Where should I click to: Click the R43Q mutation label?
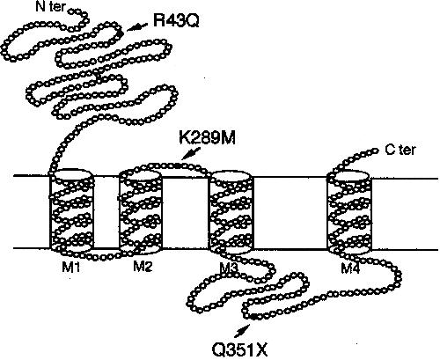[x=176, y=21]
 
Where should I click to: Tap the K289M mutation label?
[x=207, y=138]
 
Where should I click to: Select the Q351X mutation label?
[x=240, y=349]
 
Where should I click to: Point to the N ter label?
[x=50, y=7]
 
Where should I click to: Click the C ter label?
[x=400, y=150]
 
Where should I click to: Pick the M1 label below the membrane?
[x=70, y=268]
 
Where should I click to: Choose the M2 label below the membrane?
[x=143, y=267]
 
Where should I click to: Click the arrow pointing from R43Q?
[x=137, y=26]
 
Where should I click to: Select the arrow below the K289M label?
[x=191, y=153]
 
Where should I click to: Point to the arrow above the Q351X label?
[x=242, y=331]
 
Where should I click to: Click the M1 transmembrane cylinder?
[x=71, y=210]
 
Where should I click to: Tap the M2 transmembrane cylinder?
[x=141, y=210]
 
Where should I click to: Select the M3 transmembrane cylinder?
[x=231, y=211]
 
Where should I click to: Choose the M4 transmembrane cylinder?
[x=349, y=212]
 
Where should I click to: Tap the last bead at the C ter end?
[x=376, y=151]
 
